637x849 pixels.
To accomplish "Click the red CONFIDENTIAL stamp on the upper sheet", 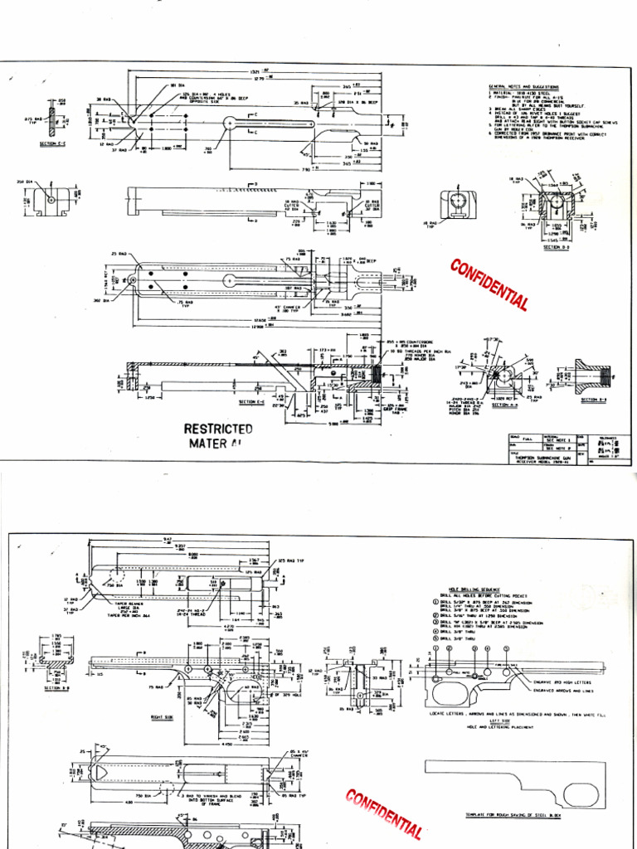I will click(489, 284).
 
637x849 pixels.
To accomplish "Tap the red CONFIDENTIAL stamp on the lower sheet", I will click(382, 813).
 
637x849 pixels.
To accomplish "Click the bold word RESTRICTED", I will click(218, 429).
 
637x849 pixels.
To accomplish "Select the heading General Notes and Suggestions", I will click(523, 86).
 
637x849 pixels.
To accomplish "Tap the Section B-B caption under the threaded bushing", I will click(595, 400).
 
